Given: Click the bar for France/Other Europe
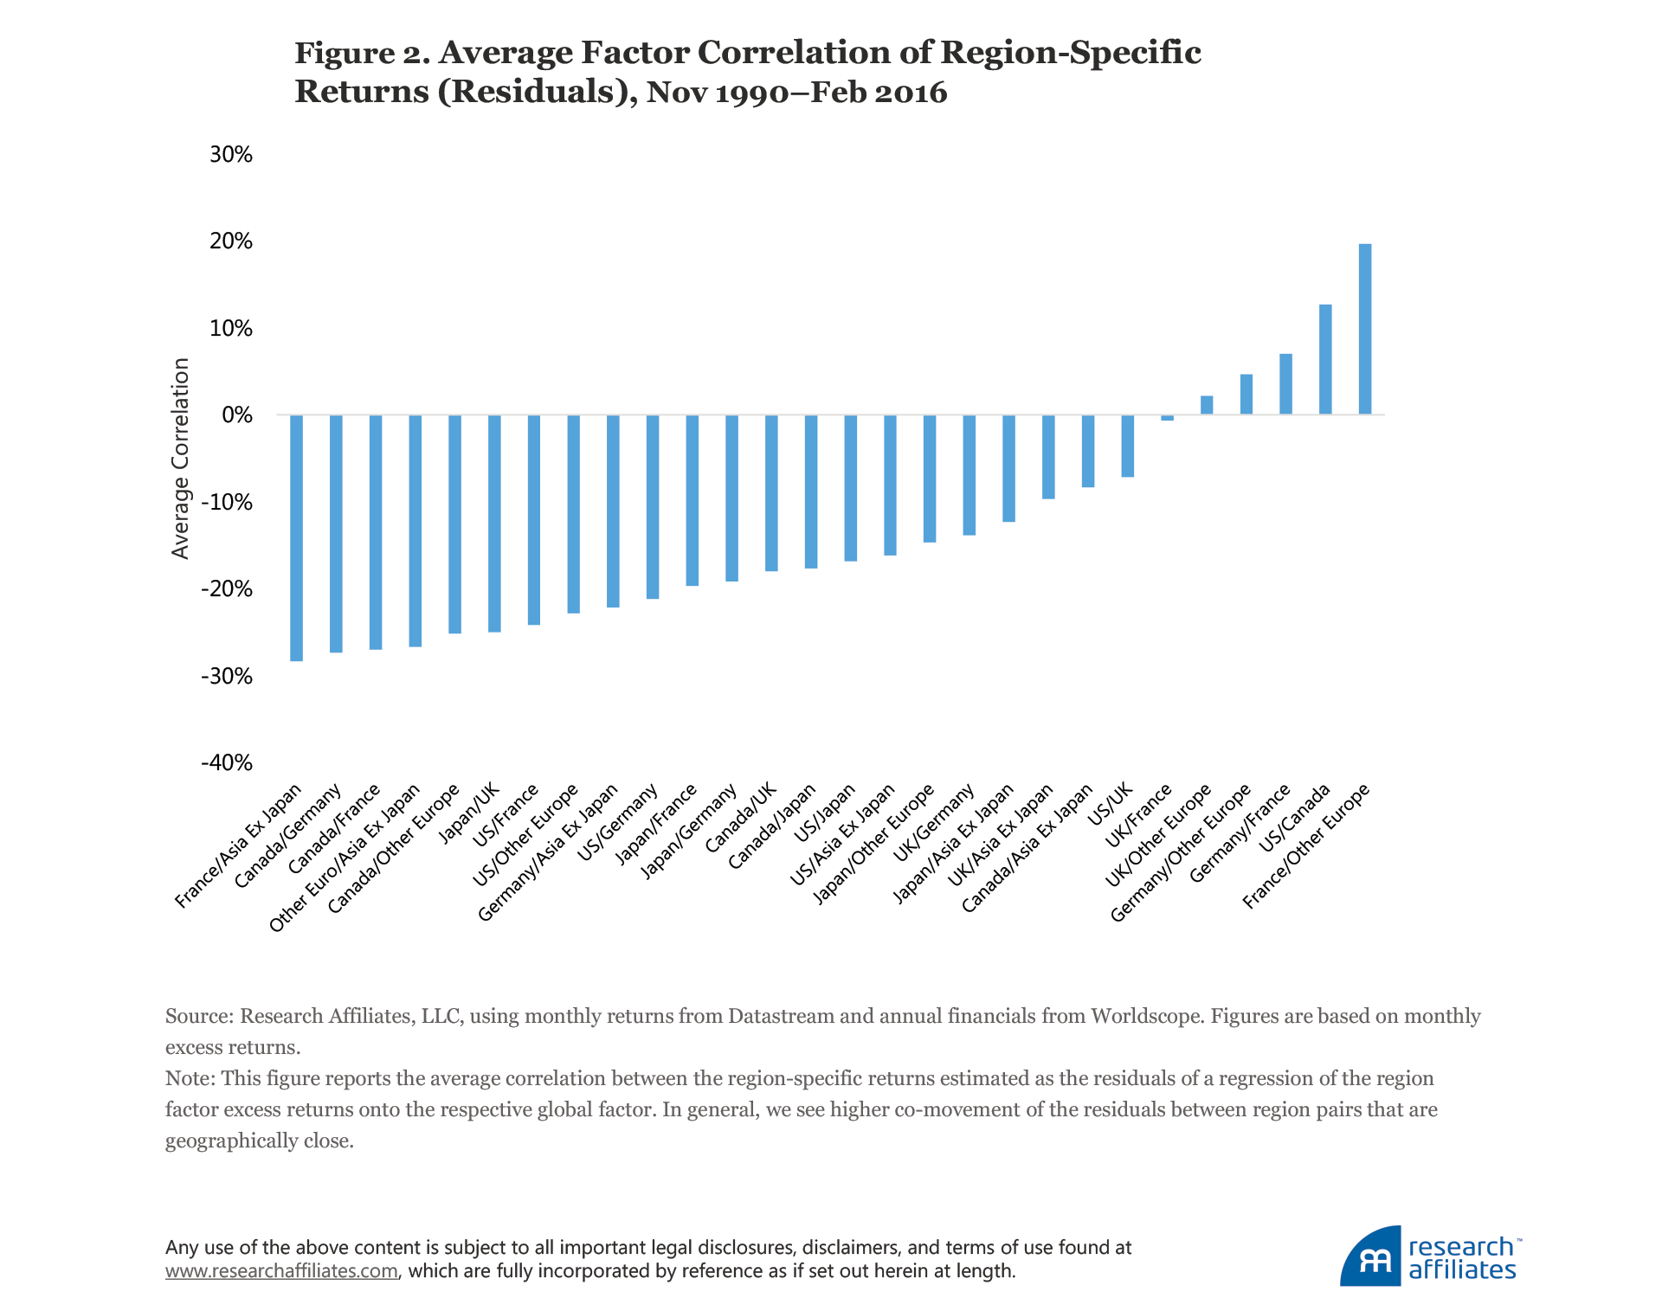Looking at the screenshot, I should click(1364, 329).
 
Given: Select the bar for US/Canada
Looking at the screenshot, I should click(1324, 359).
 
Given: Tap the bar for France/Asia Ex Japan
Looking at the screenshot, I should click(296, 537).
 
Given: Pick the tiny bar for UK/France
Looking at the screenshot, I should click(1167, 418).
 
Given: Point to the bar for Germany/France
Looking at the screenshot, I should click(1285, 384).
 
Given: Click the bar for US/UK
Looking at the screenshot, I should click(1127, 446).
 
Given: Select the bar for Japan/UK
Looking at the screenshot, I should click(494, 523).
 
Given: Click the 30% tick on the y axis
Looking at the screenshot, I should click(231, 155).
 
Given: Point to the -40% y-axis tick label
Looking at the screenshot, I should click(227, 763).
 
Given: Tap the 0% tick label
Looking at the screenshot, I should click(236, 415).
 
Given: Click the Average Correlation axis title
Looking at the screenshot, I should click(180, 459).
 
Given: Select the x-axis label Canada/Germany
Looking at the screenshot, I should click(289, 836).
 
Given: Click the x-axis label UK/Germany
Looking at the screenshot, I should click(935, 823).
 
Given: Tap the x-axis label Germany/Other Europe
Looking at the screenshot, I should click(1181, 852).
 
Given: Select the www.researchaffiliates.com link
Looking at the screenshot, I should click(281, 1271).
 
